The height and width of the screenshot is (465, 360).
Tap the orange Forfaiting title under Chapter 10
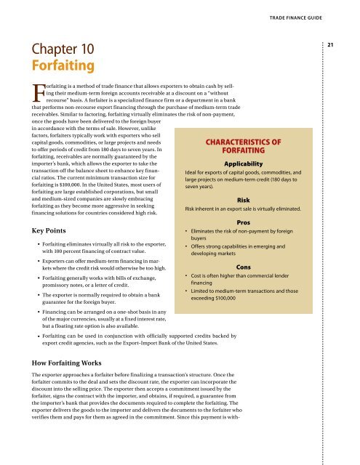coord(62,68)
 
